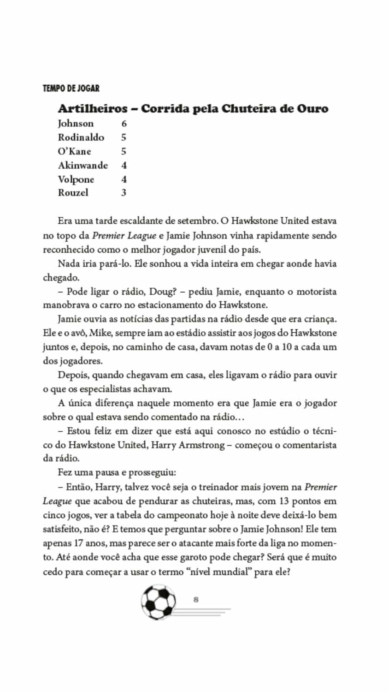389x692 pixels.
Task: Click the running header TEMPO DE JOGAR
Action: (71, 88)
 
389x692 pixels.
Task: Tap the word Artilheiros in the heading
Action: (93, 109)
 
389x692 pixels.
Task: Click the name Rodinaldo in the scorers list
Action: (81, 137)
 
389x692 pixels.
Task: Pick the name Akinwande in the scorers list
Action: (83, 165)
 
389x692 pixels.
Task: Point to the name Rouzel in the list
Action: (73, 193)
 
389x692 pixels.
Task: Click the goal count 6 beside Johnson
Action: (124, 124)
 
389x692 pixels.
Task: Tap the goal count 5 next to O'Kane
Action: (124, 151)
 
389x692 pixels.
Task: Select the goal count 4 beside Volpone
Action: (124, 179)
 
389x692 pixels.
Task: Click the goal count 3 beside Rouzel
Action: (124, 193)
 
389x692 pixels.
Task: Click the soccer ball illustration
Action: (159, 602)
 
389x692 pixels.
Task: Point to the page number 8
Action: (196, 600)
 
